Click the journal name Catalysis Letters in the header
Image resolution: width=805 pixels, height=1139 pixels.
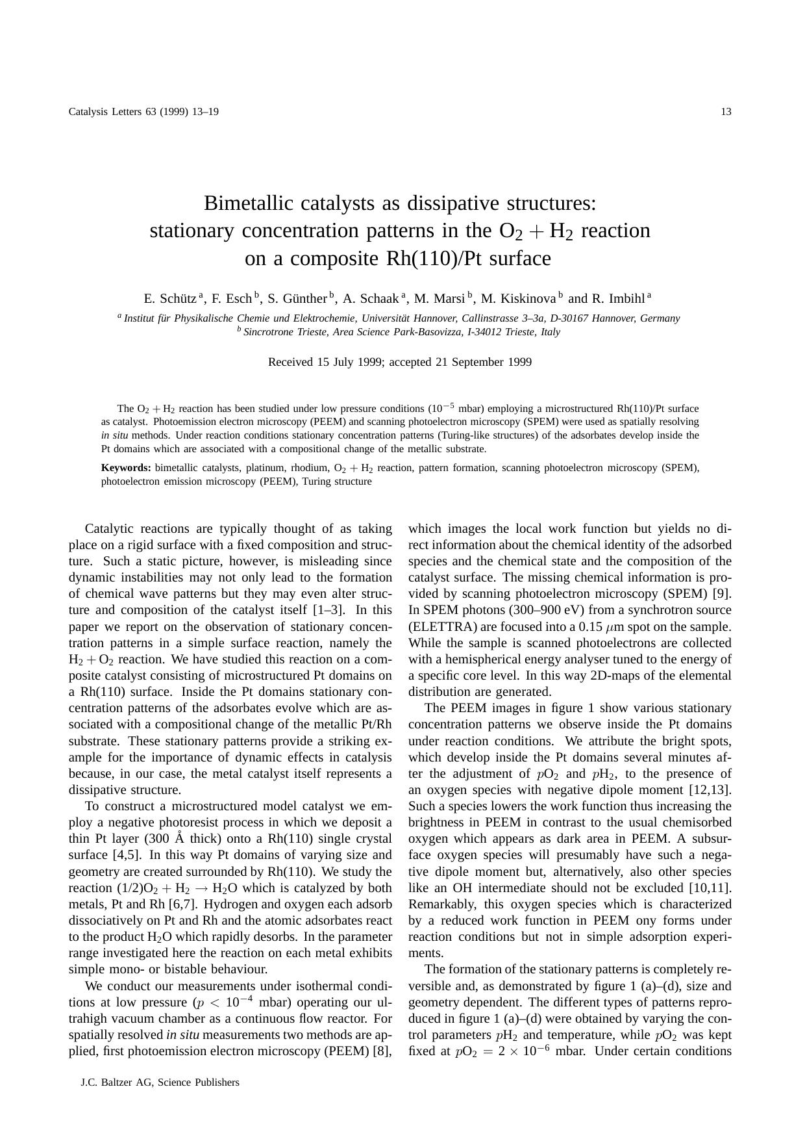click(x=105, y=112)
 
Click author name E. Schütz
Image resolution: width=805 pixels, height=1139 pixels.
click(x=170, y=299)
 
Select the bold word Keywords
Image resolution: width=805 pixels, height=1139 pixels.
click(x=126, y=468)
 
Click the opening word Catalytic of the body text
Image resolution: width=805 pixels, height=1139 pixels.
click(x=108, y=529)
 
